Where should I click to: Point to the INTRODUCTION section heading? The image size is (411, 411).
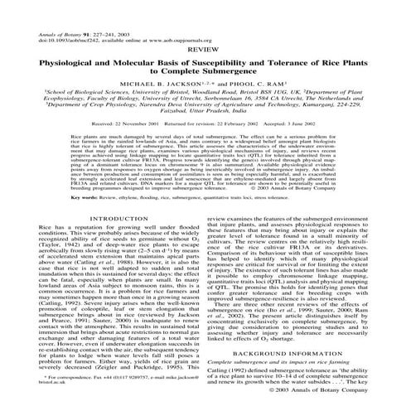click(104, 219)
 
